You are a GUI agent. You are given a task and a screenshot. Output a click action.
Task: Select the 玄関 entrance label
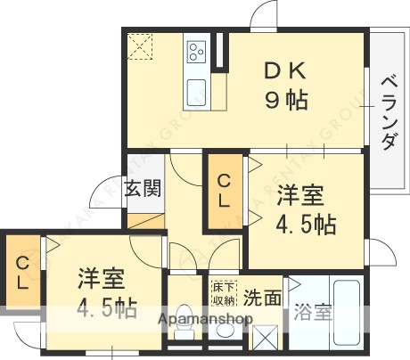pos(143,189)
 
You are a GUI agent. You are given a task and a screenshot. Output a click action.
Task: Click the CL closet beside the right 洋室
pos(225,190)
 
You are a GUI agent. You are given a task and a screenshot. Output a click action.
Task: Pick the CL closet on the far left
pos(21,271)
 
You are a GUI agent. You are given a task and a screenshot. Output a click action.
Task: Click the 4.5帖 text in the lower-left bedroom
pos(106,311)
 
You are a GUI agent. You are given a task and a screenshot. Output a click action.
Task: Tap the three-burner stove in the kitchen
pos(197,53)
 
